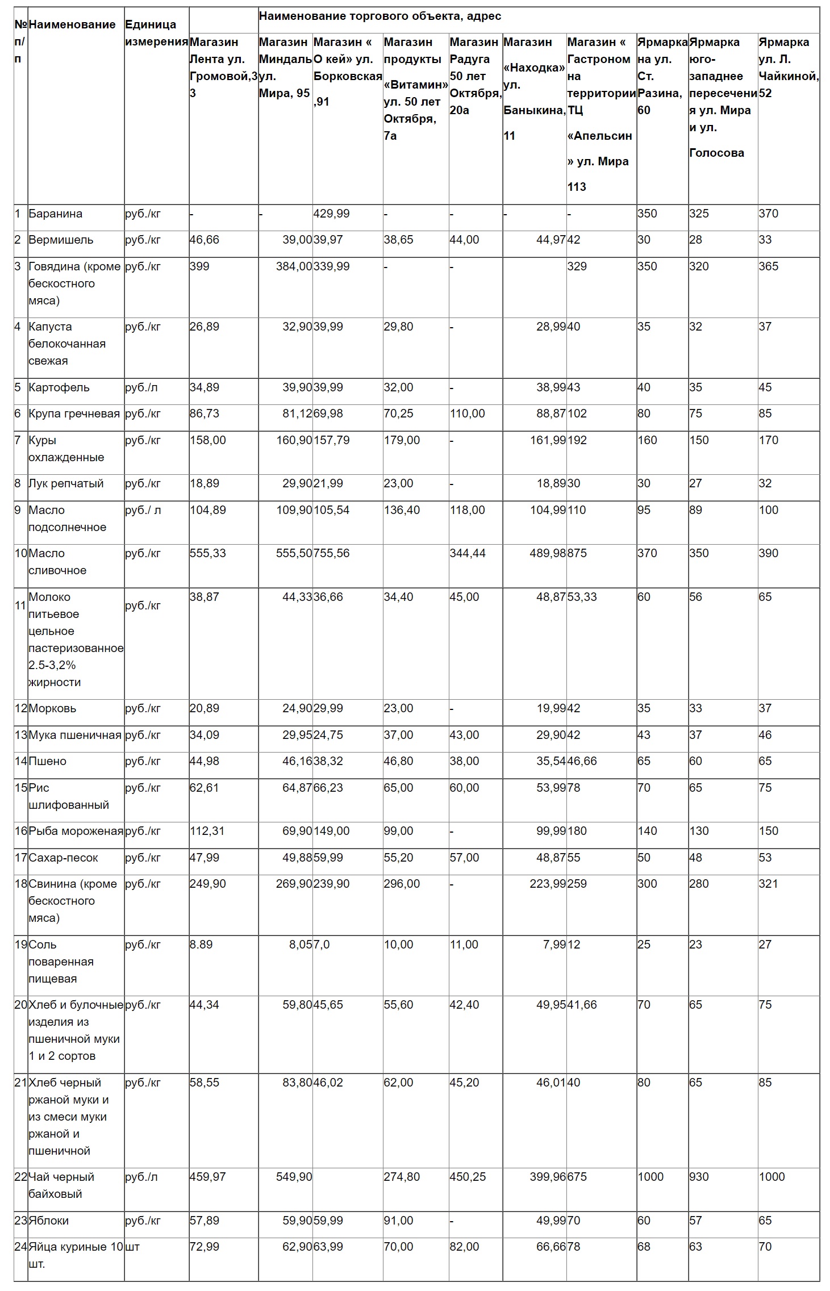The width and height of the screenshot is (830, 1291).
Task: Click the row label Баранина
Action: click(55, 214)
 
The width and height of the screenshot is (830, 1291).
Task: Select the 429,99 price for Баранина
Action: click(331, 214)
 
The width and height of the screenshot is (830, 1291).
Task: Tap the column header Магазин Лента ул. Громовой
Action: click(223, 67)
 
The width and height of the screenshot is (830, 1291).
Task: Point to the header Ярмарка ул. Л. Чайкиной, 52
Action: click(788, 67)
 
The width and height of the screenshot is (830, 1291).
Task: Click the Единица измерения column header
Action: click(156, 33)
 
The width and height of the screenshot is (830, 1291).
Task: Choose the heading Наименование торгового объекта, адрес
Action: click(379, 16)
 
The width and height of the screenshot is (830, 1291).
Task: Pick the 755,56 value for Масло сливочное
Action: click(331, 553)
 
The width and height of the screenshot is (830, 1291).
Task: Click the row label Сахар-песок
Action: click(63, 858)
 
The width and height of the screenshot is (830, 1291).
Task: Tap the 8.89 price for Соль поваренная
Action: click(201, 945)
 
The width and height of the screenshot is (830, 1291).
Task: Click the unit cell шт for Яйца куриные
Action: click(132, 1247)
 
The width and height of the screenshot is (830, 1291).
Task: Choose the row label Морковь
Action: click(52, 708)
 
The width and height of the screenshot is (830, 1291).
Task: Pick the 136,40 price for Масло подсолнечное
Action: click(402, 510)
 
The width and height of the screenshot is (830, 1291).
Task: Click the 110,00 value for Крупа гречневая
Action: click(467, 413)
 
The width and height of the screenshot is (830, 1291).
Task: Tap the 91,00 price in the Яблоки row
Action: click(398, 1221)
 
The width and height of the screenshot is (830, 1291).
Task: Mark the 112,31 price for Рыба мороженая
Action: click(207, 831)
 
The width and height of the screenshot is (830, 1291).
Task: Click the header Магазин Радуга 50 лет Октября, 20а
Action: click(475, 76)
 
